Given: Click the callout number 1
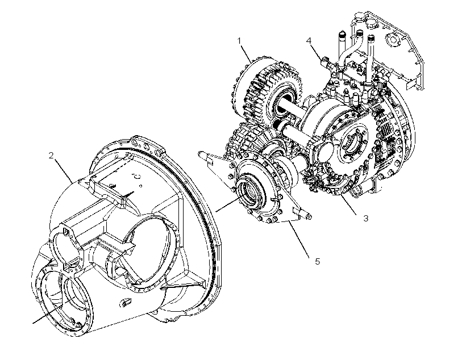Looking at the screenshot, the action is [x=240, y=41].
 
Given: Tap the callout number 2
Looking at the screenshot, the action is [x=51, y=155].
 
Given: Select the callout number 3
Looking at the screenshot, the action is [x=366, y=218].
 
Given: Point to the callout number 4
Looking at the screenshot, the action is [x=309, y=40].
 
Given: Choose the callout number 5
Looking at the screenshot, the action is [x=318, y=262].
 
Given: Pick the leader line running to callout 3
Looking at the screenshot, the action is [x=348, y=204].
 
